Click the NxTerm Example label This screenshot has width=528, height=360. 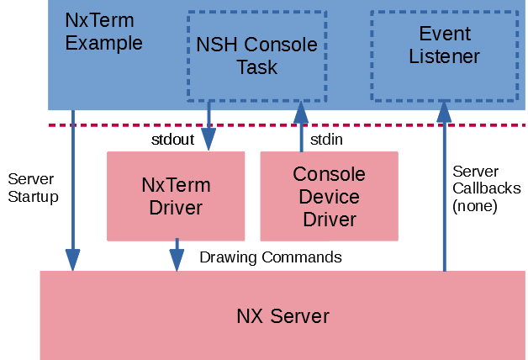coord(103,32)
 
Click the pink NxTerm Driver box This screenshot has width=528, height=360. coord(176,196)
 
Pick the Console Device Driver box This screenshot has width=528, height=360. coord(329,196)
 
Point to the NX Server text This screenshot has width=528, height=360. coord(282,317)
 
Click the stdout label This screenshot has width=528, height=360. coord(172,140)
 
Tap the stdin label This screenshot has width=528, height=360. coord(325,140)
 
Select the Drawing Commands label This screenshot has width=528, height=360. coord(271,257)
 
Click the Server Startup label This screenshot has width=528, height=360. coord(33,188)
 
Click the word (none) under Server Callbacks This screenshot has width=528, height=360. coord(475,205)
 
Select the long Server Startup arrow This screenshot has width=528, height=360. coord(73,193)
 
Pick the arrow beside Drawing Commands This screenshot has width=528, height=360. coord(177,254)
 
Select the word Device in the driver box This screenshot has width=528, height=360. coord(329,198)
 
